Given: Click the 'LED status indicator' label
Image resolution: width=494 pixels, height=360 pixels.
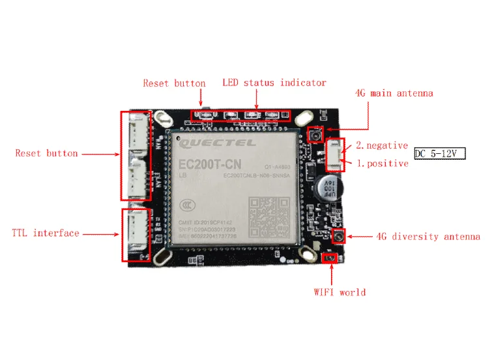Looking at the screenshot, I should click(x=274, y=83).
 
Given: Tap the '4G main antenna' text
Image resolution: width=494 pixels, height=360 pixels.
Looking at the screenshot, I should click(x=394, y=93).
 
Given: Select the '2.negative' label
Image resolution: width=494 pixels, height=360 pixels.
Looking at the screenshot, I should click(x=382, y=145).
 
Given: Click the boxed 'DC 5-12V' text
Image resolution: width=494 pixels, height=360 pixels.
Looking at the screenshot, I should click(x=440, y=154).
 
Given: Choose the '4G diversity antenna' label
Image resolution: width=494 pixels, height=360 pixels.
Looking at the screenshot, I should click(x=428, y=236).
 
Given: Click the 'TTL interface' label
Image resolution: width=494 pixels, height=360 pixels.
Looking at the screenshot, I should click(x=46, y=233).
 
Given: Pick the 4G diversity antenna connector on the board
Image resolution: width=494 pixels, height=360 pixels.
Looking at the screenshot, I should click(x=338, y=235).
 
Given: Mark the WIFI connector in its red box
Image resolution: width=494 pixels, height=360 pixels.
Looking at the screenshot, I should click(x=330, y=258).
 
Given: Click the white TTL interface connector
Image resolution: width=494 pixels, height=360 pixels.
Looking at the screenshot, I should click(x=136, y=233).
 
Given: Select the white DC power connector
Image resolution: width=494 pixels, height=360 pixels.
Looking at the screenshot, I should click(x=332, y=153).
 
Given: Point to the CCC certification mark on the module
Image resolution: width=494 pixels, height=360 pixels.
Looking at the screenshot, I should click(x=188, y=205).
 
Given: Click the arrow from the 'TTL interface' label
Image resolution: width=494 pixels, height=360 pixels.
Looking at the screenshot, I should click(x=101, y=233).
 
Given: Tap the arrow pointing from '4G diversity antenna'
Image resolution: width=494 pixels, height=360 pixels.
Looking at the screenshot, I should click(x=360, y=236).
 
